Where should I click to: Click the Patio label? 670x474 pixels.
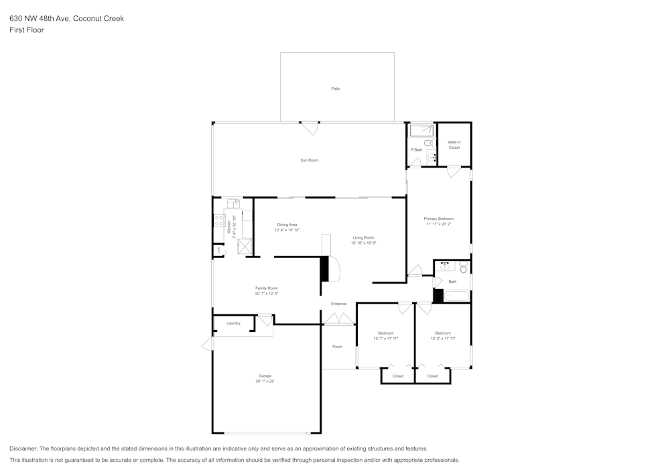point(335,88)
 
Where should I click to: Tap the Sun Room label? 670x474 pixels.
point(309,160)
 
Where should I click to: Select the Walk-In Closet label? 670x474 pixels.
point(454,145)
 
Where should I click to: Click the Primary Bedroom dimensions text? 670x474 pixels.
point(439,225)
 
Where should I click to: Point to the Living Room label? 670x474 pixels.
point(364,237)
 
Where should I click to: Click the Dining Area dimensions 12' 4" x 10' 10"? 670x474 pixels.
point(287,230)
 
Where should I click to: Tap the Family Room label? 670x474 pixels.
point(266,288)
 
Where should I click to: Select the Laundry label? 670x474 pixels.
point(233,323)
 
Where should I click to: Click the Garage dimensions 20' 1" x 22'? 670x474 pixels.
point(265,381)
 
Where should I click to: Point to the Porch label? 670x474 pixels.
point(337,347)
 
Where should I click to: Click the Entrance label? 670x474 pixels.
point(338,304)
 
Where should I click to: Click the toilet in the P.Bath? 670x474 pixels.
point(428,143)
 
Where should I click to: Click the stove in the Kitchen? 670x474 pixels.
point(219,222)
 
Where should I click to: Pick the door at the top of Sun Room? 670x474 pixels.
point(310,127)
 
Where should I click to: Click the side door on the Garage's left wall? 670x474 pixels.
point(208,345)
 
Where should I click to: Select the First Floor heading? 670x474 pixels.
point(27,30)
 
